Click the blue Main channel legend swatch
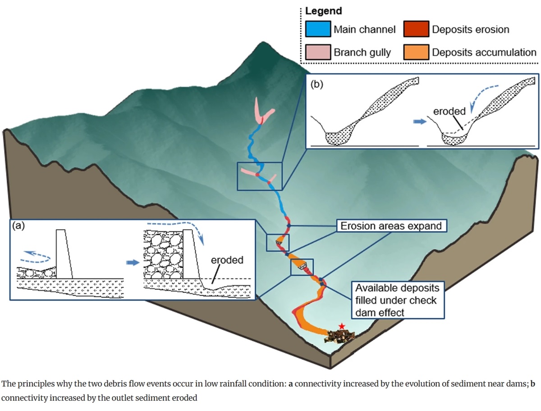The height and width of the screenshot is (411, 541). click(x=318, y=30)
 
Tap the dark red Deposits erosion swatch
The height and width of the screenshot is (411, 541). click(x=416, y=30)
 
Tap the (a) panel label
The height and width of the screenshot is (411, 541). click(x=18, y=226)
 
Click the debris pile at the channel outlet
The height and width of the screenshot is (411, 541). click(x=341, y=334)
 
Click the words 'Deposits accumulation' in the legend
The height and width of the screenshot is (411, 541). click(x=484, y=53)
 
